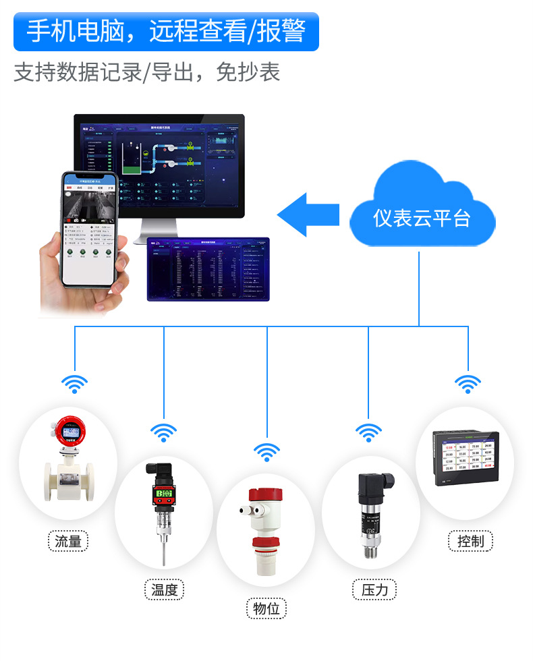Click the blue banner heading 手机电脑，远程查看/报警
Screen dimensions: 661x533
coord(166,31)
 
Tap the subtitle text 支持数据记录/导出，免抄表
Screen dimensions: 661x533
coord(146,72)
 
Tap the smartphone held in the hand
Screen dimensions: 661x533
coord(91,229)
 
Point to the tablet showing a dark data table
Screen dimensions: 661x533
coord(208,269)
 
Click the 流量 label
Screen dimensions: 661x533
coord(68,541)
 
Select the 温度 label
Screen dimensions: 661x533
coord(165,590)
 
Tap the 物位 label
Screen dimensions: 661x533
coord(266,609)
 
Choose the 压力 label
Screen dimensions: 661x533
coord(374,590)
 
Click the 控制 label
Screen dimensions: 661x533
coord(470,541)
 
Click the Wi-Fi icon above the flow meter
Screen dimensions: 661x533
coord(75,384)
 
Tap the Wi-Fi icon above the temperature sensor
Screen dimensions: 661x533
coord(164,432)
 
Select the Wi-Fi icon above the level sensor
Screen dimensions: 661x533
coord(267,452)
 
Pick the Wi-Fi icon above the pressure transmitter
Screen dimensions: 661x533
coord(368,432)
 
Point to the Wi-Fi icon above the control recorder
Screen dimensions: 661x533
coord(467,384)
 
